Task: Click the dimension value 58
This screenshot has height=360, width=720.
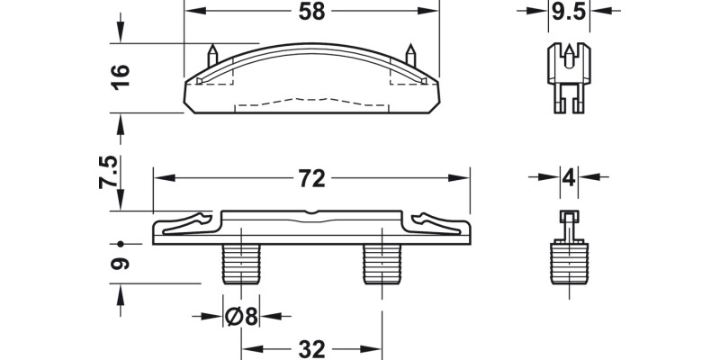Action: (310, 12)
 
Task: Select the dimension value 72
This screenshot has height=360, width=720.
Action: (310, 179)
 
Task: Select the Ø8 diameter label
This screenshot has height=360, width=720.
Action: (240, 317)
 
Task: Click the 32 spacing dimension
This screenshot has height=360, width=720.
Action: (310, 348)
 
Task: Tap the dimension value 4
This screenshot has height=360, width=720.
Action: (567, 175)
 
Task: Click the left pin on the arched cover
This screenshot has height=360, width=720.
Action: (212, 54)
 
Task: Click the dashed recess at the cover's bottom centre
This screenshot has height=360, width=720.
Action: (310, 100)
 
